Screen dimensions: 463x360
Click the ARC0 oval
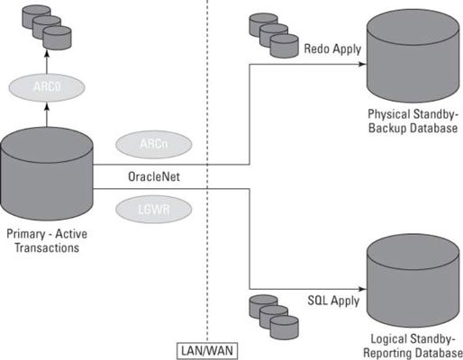(47, 87)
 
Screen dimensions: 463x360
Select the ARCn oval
(154, 144)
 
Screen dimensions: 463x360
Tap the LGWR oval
(154, 209)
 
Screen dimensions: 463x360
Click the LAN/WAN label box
(207, 351)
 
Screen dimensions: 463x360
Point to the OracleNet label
(154, 176)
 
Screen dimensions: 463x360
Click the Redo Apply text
(332, 49)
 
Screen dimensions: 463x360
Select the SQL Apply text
(333, 301)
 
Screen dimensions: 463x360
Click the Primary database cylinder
(47, 174)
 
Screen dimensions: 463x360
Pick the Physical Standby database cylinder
(413, 56)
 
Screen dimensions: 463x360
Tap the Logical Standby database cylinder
(413, 281)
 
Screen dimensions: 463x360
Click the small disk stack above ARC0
(47, 27)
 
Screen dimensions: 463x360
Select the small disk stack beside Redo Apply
(274, 35)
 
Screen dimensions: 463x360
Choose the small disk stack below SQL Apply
(274, 317)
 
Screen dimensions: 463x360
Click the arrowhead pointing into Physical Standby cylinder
(363, 64)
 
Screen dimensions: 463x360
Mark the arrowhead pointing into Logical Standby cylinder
(363, 289)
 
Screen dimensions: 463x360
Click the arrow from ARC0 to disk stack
(47, 62)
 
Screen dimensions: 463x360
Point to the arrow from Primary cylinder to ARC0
(47, 114)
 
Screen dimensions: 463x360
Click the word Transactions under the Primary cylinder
(47, 247)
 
